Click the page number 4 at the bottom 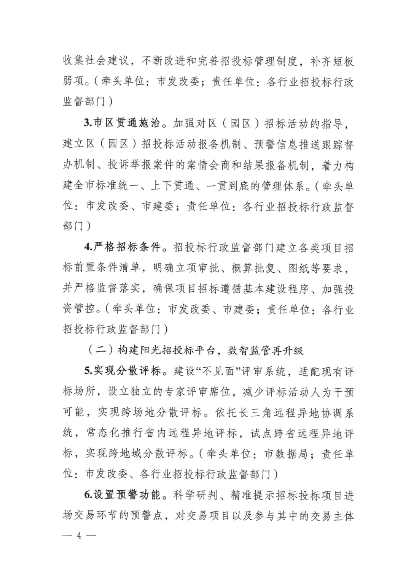(x=79, y=536)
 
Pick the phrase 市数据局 (x=286, y=454)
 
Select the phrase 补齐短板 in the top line (x=332, y=61)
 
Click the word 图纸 (x=299, y=268)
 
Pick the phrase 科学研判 (x=195, y=495)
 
